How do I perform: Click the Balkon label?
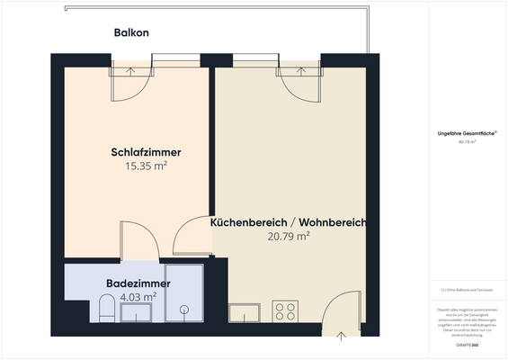pyautogui.click(x=131, y=32)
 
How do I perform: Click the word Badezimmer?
pyautogui.click(x=131, y=282)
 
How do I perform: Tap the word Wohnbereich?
pyautogui.click(x=332, y=222)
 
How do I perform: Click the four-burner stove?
pyautogui.click(x=286, y=311)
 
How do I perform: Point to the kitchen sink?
pyautogui.click(x=245, y=312)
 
